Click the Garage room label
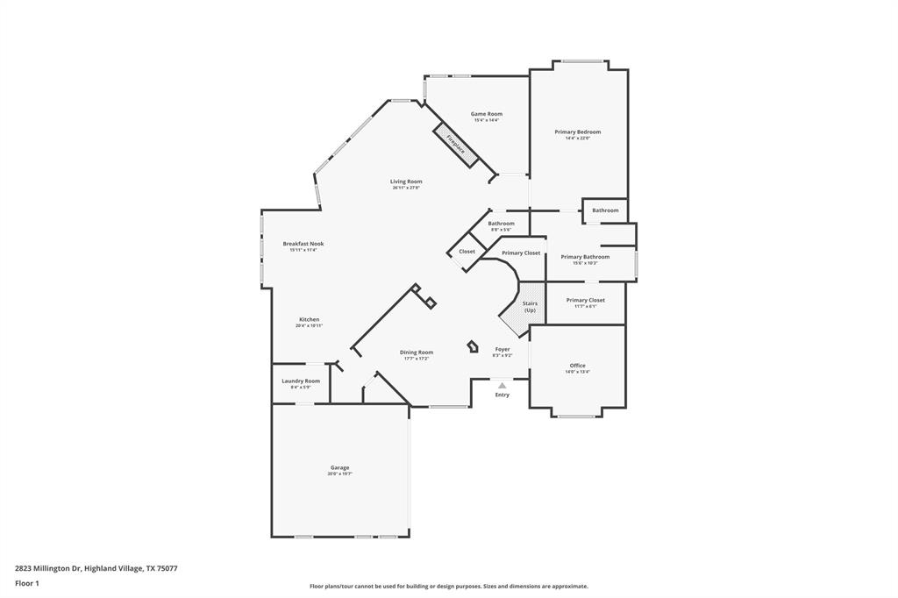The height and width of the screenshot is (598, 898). [x=339, y=468]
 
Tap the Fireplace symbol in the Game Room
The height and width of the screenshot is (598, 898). [x=455, y=144]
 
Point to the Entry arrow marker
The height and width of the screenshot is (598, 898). [x=502, y=385]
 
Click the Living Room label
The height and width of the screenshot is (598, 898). [x=406, y=182]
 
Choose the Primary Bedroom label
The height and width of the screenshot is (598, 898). [x=577, y=132]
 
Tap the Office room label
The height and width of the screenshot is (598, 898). [x=577, y=366]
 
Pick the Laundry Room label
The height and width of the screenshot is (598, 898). [x=300, y=381]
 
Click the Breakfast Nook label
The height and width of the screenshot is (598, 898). [x=303, y=244]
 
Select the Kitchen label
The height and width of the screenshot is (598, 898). [x=309, y=320]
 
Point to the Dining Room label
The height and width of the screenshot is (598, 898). [x=417, y=352]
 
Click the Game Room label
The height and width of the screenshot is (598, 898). [x=486, y=114]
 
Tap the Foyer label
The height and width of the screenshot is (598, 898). [x=502, y=349]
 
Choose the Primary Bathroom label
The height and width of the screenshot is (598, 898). [x=585, y=257]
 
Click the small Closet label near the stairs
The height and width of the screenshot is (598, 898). [x=467, y=252]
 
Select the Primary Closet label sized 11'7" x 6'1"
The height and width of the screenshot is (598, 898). [x=585, y=301]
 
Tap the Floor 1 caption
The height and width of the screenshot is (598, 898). [x=27, y=583]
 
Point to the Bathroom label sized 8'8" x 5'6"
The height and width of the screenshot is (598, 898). [x=501, y=224]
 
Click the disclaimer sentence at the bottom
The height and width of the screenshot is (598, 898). [x=448, y=587]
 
